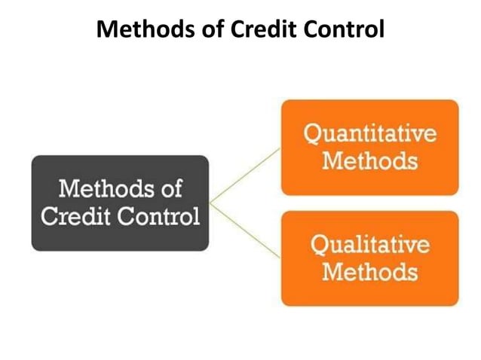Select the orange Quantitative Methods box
click(x=369, y=147)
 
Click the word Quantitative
click(x=369, y=136)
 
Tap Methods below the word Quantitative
click(x=369, y=160)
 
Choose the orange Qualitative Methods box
click(x=369, y=258)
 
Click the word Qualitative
click(x=369, y=246)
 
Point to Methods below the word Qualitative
click(x=369, y=271)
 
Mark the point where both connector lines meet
click(x=212, y=202)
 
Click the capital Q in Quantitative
click(x=312, y=136)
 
